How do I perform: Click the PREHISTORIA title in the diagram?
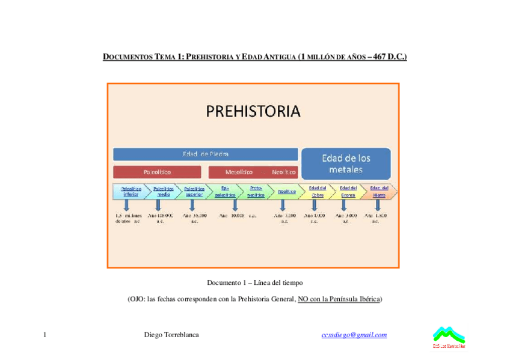tap(253, 112)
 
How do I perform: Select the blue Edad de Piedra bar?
tap(206, 154)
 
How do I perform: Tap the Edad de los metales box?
tap(346, 163)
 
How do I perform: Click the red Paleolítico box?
tap(157, 172)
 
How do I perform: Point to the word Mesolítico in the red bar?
tap(238, 172)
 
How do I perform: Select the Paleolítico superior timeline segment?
tap(194, 191)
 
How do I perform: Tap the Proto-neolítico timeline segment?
tap(256, 191)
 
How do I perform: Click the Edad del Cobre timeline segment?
tap(318, 191)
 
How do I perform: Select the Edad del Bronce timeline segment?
tap(348, 191)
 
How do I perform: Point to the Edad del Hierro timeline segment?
tap(379, 191)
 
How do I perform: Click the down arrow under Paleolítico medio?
tap(158, 205)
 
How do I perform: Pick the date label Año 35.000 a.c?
tap(194, 218)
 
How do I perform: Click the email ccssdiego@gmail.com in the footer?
tap(354, 335)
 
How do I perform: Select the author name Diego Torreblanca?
tap(171, 335)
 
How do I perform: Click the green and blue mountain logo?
tap(449, 336)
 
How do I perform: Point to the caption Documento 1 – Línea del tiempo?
tap(255, 282)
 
